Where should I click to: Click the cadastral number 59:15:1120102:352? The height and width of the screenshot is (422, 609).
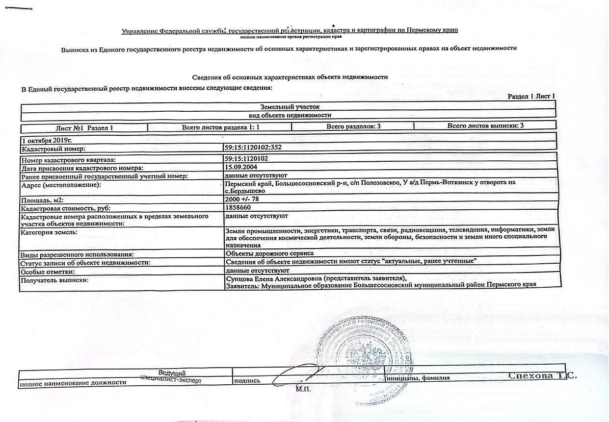point(252,147)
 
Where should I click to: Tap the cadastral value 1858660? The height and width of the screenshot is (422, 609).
point(238,207)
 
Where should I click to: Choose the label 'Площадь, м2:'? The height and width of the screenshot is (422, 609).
point(43,200)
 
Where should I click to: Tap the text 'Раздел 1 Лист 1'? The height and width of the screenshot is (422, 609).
point(531,96)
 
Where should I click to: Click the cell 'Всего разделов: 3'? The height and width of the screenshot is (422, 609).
point(353,126)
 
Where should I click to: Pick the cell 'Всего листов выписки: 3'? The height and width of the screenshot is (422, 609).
point(485,126)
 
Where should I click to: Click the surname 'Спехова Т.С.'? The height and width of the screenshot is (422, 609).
point(542,376)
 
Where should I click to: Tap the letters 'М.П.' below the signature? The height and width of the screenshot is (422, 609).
point(303,389)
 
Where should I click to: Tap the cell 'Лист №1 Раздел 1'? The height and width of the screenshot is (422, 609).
point(85,127)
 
